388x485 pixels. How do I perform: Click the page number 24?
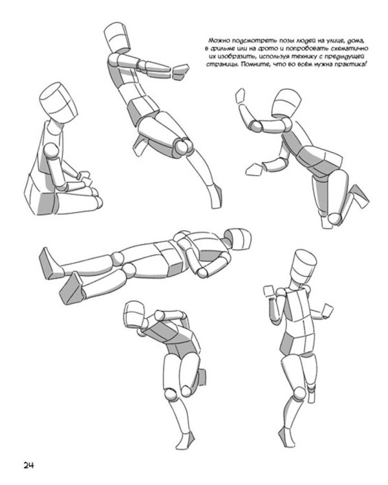tap(28, 465)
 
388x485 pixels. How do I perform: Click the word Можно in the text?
tap(219, 41)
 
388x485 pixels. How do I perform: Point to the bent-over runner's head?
tap(135, 314)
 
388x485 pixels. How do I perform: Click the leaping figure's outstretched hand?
tap(180, 72)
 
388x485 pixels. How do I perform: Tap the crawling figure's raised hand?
tap(241, 96)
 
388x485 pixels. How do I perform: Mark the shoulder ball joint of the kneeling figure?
tap(51, 151)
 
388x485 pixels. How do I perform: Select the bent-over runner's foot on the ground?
tap(186, 440)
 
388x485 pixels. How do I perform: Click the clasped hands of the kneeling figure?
tap(85, 178)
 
